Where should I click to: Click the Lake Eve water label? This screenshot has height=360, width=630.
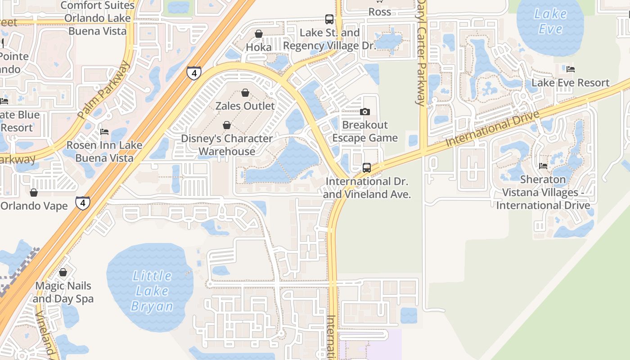[550, 22]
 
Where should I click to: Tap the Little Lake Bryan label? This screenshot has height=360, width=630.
[152, 291]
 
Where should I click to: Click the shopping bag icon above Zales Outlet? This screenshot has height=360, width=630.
[245, 93]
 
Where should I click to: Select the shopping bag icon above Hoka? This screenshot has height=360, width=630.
[259, 34]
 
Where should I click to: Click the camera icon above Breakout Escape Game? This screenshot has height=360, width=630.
[365, 112]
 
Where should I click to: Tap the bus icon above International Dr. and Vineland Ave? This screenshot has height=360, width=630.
[367, 168]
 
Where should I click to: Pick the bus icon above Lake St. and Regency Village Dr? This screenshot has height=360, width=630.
[329, 19]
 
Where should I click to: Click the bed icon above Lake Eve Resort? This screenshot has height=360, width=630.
[571, 69]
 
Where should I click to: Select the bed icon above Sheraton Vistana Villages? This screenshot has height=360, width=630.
[543, 166]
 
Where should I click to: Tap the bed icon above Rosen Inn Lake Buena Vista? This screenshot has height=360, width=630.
[104, 132]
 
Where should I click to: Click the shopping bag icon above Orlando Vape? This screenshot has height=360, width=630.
[34, 193]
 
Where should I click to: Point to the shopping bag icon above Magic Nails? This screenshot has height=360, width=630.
[63, 272]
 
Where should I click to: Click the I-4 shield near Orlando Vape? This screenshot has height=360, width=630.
[82, 203]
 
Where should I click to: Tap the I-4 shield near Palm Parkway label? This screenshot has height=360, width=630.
[194, 73]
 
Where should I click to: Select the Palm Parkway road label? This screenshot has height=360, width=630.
[104, 90]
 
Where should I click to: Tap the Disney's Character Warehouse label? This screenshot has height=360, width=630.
[227, 145]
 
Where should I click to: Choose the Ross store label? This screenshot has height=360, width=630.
[380, 12]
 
